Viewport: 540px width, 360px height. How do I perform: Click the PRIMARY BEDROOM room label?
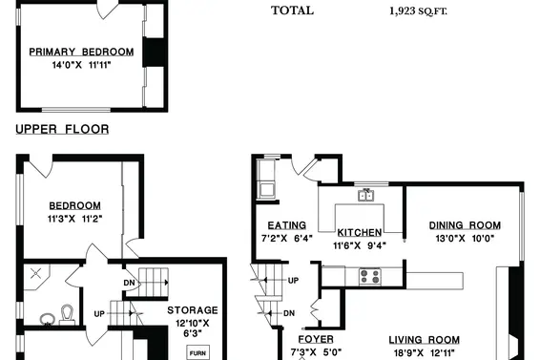[x=81, y=53]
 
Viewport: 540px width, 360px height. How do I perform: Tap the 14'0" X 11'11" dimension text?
[x=81, y=65]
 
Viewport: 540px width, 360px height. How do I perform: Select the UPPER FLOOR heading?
[x=62, y=129]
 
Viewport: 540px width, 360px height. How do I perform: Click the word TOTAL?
[x=292, y=11]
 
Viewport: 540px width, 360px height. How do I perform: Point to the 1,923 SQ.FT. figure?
[x=418, y=11]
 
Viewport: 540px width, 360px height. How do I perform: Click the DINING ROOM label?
[x=465, y=225]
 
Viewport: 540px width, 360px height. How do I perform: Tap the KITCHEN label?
[x=359, y=233]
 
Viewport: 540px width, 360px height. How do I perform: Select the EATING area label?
[x=287, y=225]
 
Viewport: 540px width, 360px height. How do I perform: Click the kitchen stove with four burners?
[x=369, y=277]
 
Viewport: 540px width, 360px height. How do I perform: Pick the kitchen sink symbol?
[x=366, y=196]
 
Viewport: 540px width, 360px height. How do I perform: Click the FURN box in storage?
[x=198, y=352]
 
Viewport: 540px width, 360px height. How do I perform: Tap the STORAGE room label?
[x=193, y=310]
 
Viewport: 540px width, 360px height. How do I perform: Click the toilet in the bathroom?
[x=68, y=315]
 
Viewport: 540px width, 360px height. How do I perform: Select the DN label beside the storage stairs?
[x=129, y=283]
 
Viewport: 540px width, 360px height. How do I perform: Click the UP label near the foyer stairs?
[x=293, y=281]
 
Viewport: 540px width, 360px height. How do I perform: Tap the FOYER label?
[x=316, y=340]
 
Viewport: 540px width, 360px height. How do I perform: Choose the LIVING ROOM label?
[x=425, y=340]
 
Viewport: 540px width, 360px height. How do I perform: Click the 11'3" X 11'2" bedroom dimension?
[x=75, y=219]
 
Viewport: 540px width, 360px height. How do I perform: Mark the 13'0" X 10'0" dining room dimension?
[x=465, y=239]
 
